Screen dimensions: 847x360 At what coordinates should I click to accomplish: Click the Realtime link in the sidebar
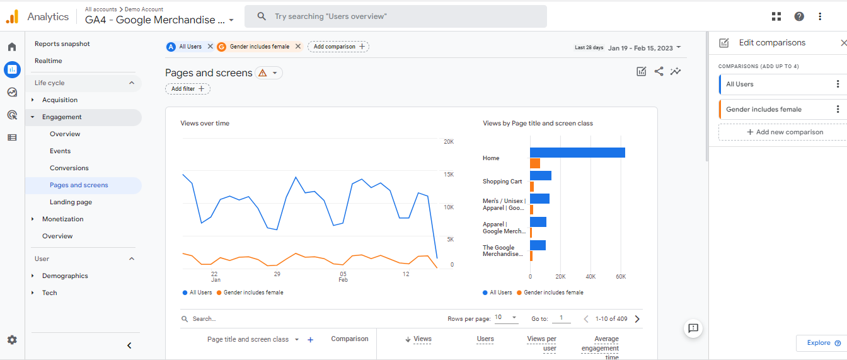point(49,61)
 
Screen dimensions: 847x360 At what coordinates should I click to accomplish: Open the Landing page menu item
point(71,202)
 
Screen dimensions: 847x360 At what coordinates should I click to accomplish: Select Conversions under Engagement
point(69,168)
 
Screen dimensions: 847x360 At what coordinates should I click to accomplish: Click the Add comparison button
point(339,47)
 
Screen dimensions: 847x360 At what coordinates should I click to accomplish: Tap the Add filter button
point(188,89)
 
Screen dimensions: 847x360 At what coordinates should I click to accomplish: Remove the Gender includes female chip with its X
point(298,46)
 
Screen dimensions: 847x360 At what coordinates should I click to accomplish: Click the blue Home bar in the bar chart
point(577,153)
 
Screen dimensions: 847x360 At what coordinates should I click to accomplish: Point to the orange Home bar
point(535,163)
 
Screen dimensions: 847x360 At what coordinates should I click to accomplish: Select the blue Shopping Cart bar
point(541,175)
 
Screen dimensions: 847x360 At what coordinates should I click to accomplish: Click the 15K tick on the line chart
point(449,175)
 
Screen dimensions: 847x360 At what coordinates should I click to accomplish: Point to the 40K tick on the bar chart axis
point(591,277)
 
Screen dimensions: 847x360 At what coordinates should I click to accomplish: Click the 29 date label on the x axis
point(277,274)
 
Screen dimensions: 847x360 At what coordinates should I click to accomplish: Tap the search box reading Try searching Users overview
point(396,16)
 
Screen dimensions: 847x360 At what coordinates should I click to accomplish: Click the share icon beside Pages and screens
point(659,71)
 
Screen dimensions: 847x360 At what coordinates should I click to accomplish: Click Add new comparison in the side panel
point(785,132)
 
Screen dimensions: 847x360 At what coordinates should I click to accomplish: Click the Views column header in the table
point(422,339)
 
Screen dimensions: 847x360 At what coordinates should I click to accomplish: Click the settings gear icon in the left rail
point(12,340)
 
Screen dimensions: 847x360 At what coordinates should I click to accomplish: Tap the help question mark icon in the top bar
point(799,16)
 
